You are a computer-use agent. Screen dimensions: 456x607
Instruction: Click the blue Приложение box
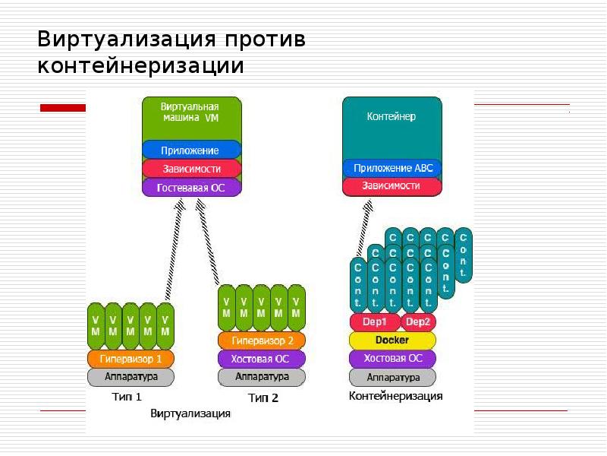pos(191,150)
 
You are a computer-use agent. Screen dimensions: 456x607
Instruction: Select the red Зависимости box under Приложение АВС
pos(392,185)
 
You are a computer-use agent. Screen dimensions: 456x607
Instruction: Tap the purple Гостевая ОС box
pos(191,187)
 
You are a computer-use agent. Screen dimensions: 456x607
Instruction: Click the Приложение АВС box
pos(392,167)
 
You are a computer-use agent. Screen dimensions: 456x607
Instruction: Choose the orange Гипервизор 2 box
pos(261,340)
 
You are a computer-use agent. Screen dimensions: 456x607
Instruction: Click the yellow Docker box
pos(392,340)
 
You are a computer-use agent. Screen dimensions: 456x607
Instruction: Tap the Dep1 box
pos(375,322)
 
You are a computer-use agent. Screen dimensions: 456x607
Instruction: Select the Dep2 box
pos(418,322)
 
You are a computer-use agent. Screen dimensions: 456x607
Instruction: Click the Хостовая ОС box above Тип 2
pos(261,359)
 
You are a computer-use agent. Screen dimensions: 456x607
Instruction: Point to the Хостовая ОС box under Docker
pos(392,359)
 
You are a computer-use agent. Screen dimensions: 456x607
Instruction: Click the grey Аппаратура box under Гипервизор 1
pos(131,377)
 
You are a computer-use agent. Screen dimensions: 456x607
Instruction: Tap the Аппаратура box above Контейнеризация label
pos(392,377)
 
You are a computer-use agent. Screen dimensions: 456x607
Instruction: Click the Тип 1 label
pos(127,396)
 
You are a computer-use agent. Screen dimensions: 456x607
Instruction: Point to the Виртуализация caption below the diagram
pos(190,414)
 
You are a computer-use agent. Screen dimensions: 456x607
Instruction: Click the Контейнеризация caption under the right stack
pos(395,396)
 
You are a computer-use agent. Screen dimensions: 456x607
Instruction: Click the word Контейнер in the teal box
pos(392,118)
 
